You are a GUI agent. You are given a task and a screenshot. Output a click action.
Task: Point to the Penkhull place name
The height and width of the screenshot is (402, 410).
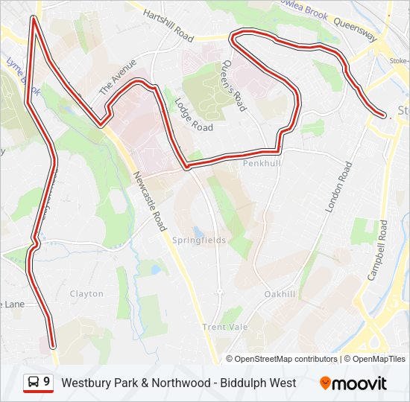pyautogui.click(x=261, y=162)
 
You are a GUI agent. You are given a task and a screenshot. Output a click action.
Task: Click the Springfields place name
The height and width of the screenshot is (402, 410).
pyautogui.click(x=199, y=240)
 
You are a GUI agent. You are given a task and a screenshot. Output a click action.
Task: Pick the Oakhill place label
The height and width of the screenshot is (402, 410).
pyautogui.click(x=280, y=294)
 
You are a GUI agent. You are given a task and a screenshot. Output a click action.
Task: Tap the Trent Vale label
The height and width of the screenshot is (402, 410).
pyautogui.click(x=224, y=327)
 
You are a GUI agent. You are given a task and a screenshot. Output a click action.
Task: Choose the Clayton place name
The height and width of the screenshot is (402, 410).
pyautogui.click(x=86, y=293)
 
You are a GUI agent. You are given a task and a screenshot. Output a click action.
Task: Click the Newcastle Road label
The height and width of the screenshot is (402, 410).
pyautogui.click(x=148, y=201)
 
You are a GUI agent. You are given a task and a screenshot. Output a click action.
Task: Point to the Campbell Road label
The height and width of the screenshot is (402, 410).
pyautogui.click(x=377, y=250)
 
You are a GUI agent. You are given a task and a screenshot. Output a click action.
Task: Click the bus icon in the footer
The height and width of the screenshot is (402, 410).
pyautogui.click(x=34, y=383)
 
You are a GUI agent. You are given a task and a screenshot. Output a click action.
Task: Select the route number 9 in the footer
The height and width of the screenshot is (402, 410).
pyautogui.click(x=47, y=382)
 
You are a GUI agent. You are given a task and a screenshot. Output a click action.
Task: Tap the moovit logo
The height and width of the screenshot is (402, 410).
pyautogui.click(x=353, y=383)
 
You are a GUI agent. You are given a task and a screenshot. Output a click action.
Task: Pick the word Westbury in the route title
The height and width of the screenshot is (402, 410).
pyautogui.click(x=85, y=383)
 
